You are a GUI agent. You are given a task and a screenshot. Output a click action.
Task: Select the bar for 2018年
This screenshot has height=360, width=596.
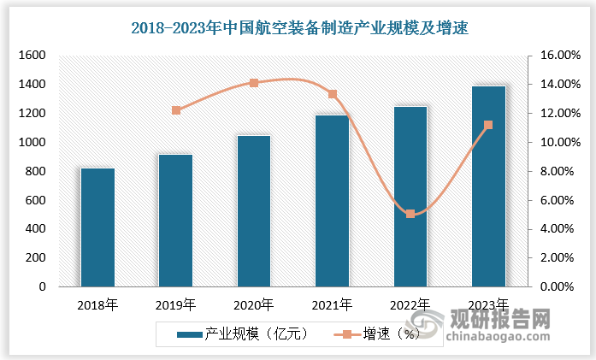tap(97, 227)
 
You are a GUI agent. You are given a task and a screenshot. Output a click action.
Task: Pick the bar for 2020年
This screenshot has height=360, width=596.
tap(254, 211)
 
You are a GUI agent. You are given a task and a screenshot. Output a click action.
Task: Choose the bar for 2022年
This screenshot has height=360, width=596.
tap(410, 197)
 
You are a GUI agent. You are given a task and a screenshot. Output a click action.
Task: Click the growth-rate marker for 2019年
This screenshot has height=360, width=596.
tap(176, 110)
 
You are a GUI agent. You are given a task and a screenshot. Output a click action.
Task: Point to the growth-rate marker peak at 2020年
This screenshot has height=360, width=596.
tap(254, 83)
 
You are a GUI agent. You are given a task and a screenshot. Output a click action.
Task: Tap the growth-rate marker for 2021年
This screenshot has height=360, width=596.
tap(332, 94)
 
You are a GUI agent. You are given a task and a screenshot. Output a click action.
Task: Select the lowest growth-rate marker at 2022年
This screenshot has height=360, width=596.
tap(410, 214)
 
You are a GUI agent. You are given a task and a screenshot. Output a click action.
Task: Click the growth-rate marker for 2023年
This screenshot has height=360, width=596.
tap(488, 125)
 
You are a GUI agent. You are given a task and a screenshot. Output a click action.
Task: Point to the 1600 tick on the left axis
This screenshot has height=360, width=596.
tap(31, 56)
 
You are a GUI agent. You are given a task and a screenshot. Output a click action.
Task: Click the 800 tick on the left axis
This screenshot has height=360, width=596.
tap(34, 171)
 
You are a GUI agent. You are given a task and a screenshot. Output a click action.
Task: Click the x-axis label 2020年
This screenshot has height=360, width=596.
tap(253, 304)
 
